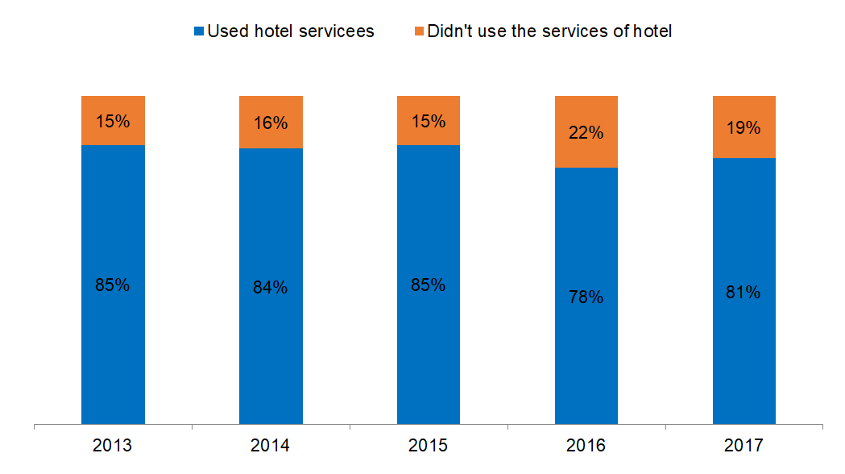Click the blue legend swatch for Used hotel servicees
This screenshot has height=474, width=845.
pos(198,32)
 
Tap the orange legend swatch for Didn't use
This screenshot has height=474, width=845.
pos(418,32)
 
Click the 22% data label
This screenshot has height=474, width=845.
pos(586,133)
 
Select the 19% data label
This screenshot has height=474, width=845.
pos(744,127)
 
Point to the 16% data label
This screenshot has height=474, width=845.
pos(271,123)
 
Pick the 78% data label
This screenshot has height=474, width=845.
pos(586,297)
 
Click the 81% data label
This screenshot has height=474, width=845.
pos(744,292)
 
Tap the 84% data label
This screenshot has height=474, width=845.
pos(271,287)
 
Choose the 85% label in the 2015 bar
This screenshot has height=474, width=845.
pos(429,285)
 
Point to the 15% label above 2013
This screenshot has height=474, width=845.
pos(113,122)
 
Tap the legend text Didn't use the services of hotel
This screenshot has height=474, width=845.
pos(549,32)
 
